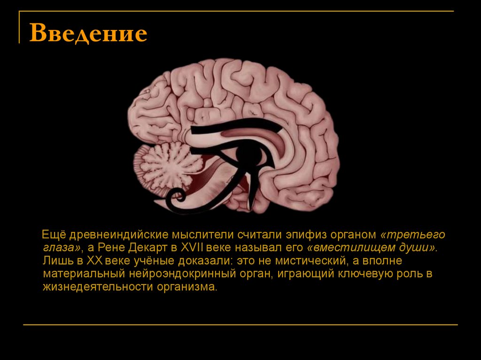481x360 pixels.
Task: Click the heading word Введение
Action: (x=88, y=34)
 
